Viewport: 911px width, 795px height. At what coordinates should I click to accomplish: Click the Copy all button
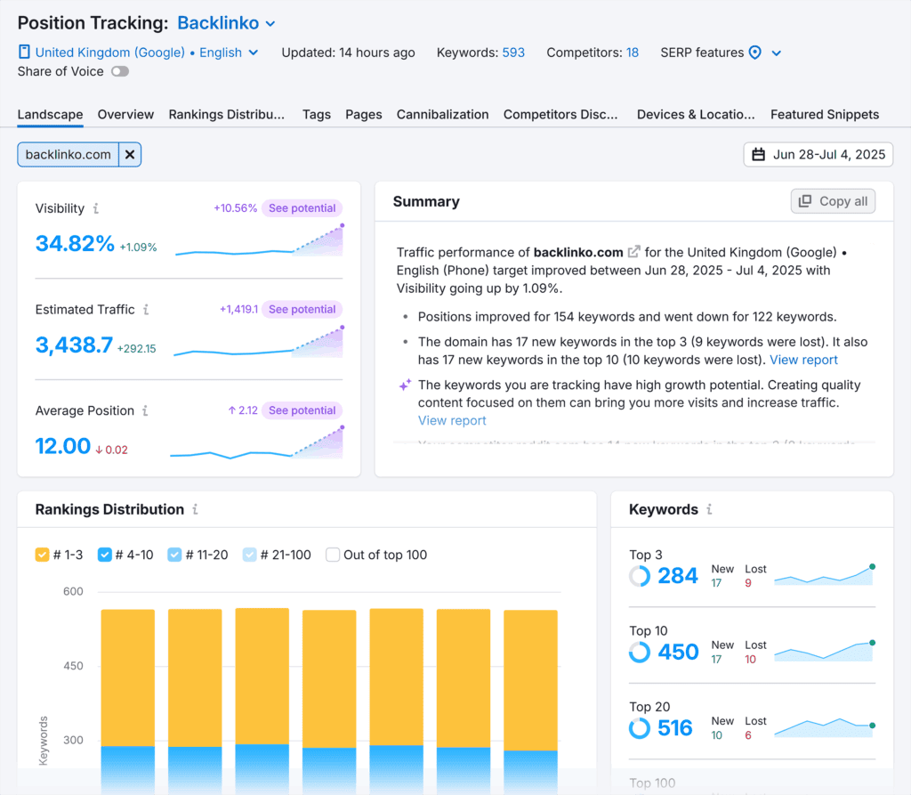click(x=833, y=201)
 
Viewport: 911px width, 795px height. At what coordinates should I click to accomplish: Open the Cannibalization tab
click(x=442, y=114)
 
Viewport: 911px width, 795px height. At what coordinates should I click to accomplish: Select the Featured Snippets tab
click(x=824, y=114)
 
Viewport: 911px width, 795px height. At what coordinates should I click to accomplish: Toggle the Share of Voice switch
click(x=119, y=71)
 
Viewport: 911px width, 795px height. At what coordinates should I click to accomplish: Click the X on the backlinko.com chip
click(x=130, y=155)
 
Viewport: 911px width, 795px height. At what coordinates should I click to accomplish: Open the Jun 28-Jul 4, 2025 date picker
click(x=818, y=155)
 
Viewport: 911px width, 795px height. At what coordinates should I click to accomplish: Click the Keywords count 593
click(x=513, y=53)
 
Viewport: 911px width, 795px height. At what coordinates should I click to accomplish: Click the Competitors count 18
click(x=632, y=53)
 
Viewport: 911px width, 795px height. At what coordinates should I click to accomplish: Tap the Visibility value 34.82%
click(x=75, y=243)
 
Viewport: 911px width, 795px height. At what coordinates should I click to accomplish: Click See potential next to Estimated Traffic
click(x=302, y=310)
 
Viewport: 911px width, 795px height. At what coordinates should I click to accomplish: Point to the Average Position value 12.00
click(x=63, y=445)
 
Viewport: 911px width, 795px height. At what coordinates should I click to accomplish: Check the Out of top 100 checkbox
click(x=333, y=555)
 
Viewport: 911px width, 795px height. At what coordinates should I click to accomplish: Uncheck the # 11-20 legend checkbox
click(x=175, y=555)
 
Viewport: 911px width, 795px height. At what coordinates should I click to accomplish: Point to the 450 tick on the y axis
click(x=72, y=666)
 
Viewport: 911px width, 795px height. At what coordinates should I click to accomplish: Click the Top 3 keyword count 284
click(x=677, y=576)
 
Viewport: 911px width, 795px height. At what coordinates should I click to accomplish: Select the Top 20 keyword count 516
click(x=674, y=728)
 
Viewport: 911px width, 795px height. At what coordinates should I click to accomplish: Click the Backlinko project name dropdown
click(x=226, y=23)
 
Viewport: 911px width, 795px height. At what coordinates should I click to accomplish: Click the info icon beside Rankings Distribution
click(x=195, y=510)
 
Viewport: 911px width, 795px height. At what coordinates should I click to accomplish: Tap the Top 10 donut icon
click(x=639, y=653)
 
